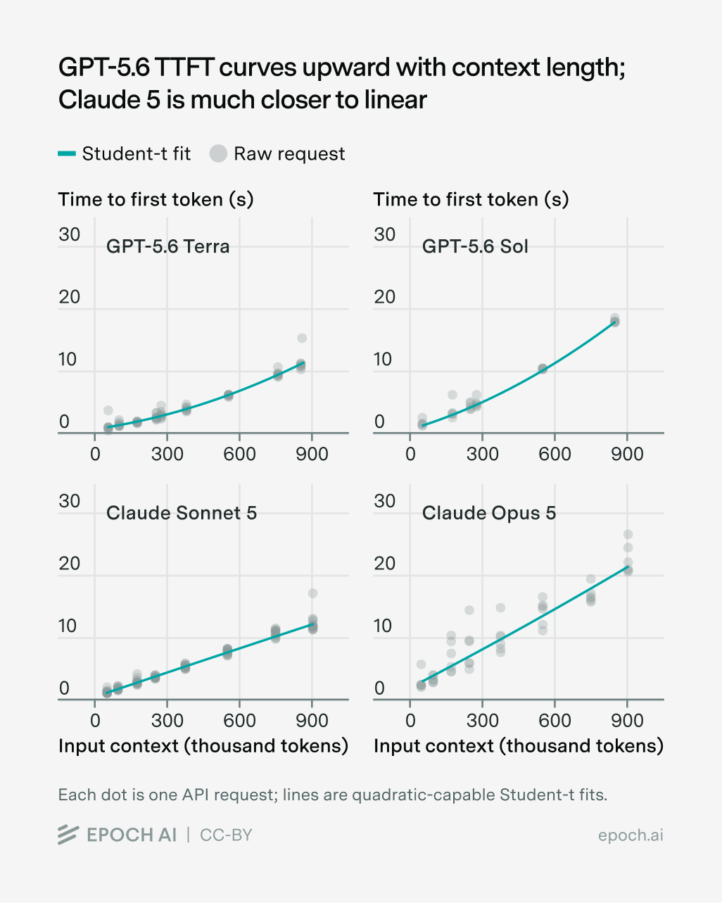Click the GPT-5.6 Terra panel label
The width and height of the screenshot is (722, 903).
pos(167,246)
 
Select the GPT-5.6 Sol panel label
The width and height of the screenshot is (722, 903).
pos(475,246)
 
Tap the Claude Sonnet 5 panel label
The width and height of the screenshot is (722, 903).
pos(182,513)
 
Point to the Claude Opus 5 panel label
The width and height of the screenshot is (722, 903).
pos(489,513)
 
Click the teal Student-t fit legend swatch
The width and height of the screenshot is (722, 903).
pos(67,153)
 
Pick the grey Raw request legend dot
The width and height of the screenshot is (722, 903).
pos(218,153)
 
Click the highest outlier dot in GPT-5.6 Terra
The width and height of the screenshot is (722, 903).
pos(302,338)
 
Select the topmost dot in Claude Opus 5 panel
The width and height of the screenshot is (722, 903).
pos(628,534)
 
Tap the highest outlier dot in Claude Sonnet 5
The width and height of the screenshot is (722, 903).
pos(312,593)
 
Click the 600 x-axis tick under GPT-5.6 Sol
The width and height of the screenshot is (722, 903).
pos(555,454)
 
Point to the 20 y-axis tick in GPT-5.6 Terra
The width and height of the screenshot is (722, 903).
pos(69,297)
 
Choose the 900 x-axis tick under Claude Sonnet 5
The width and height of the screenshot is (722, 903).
pos(312,721)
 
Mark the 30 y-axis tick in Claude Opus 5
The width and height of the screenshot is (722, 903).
pos(385,501)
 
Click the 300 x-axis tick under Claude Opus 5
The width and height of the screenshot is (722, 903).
pos(483,721)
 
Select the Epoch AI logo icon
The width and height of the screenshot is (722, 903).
pos(68,835)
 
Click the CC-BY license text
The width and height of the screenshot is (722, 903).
pos(226,835)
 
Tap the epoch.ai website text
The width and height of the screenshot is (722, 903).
pos(631,835)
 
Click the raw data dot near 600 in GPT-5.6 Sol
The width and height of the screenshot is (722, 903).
pos(543,368)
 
